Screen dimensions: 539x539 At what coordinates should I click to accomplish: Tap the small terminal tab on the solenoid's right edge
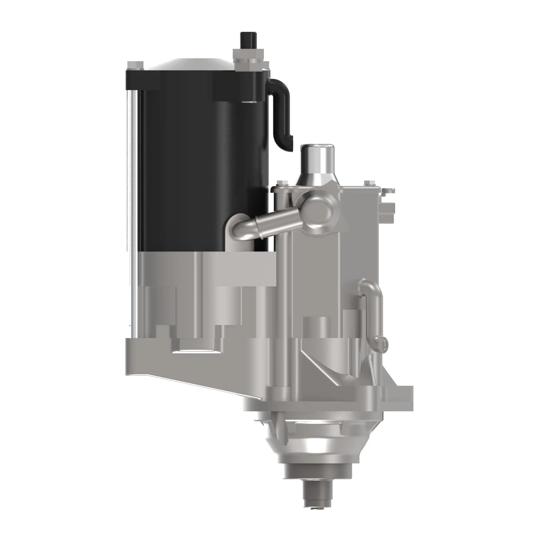pyautogui.click(x=389, y=191)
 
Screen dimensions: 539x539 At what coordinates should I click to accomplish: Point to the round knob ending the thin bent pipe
pyautogui.click(x=383, y=341)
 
